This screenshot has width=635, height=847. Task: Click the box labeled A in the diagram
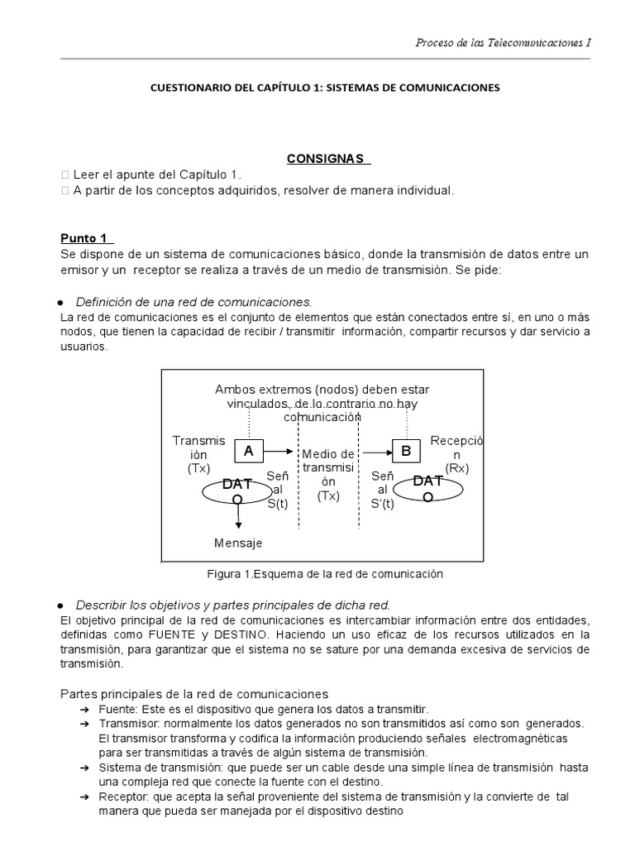click(x=248, y=451)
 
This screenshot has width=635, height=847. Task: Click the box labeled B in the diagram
click(x=406, y=451)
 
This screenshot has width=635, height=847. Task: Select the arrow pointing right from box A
click(x=279, y=452)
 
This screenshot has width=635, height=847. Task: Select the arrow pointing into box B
click(x=376, y=452)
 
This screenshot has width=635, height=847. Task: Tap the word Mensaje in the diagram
click(x=238, y=543)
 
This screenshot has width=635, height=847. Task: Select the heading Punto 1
click(x=87, y=238)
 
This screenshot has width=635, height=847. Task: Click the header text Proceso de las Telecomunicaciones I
click(x=503, y=42)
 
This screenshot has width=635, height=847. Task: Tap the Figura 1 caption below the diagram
click(x=325, y=573)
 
